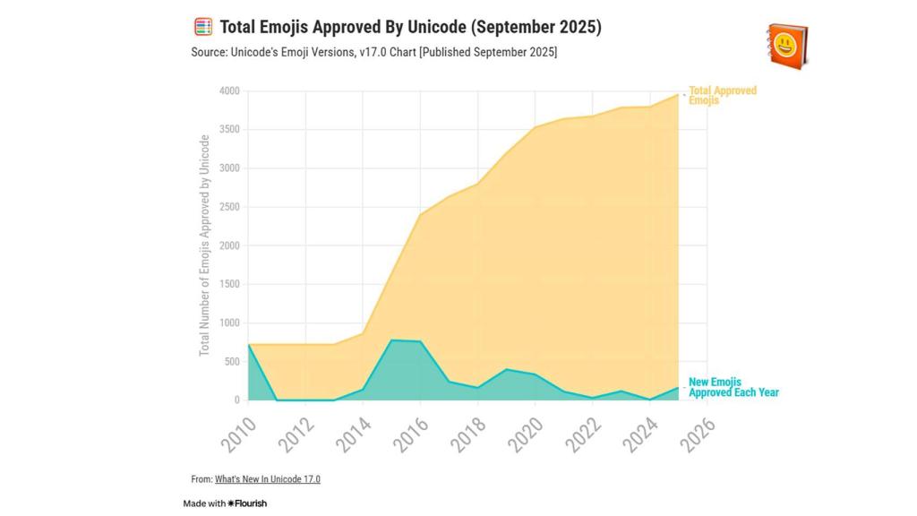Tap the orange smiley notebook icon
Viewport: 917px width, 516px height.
point(787,45)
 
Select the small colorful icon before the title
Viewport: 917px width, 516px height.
point(203,27)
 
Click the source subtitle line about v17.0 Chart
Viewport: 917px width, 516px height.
point(373,53)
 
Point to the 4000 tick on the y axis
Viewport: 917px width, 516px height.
point(229,91)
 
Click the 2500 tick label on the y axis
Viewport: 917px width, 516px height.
point(229,207)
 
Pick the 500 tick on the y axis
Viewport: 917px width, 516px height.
point(232,362)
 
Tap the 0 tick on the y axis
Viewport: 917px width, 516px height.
point(236,400)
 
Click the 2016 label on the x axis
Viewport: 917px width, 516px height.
point(412,434)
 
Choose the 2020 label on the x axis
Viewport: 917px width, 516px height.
point(527,434)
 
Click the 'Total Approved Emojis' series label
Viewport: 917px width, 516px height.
point(722,96)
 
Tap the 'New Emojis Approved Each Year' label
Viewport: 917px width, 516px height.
point(733,387)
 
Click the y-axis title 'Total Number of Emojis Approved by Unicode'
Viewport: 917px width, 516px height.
point(205,245)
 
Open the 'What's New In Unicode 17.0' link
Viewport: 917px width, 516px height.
point(267,479)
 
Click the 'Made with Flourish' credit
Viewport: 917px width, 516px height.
point(225,503)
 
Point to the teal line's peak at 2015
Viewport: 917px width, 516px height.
point(391,340)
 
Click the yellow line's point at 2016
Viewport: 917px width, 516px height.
point(420,214)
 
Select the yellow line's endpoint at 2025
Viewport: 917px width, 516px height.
point(678,94)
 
